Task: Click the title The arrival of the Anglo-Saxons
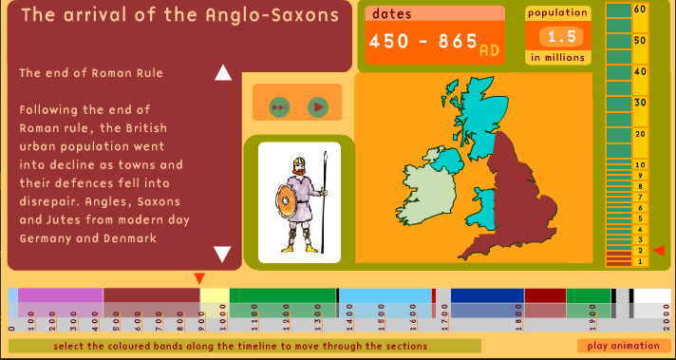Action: point(179,15)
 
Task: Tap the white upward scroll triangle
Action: point(223,73)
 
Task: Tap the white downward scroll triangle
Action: point(223,254)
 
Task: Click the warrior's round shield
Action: point(286,201)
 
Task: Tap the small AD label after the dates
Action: point(490,49)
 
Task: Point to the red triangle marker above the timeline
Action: point(199,278)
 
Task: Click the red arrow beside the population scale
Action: point(659,250)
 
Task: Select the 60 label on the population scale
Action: point(640,9)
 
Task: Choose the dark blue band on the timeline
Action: point(487,295)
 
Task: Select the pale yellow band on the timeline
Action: point(214,295)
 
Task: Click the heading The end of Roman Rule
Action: point(91,72)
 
